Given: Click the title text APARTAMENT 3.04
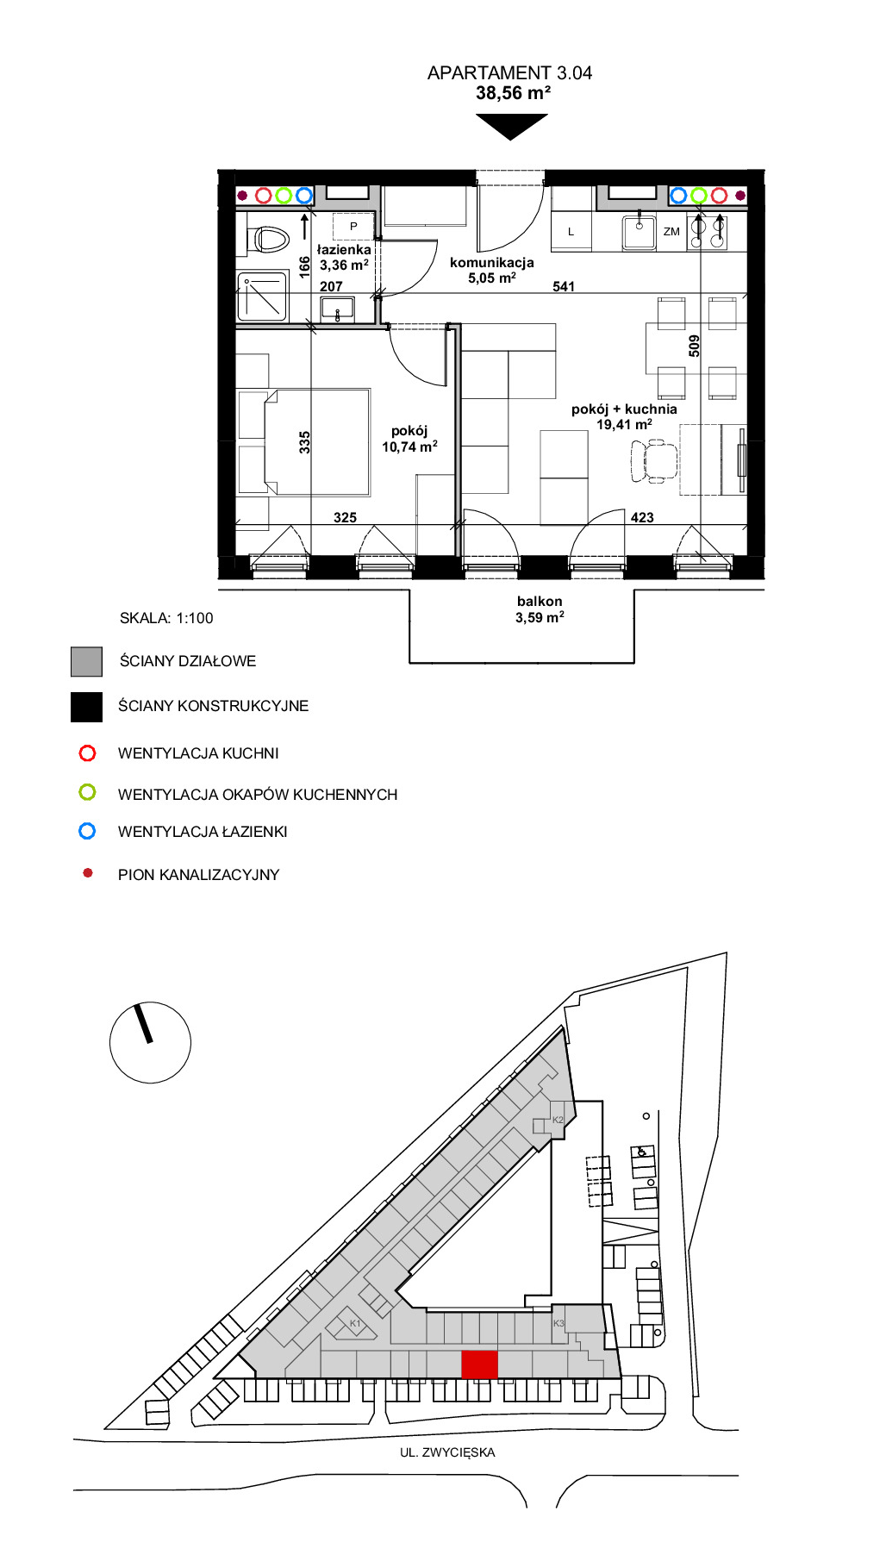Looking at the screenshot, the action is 509,72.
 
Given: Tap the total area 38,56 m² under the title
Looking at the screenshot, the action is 513,93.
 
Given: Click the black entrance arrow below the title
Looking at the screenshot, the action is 511,127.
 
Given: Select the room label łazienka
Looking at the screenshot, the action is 344,250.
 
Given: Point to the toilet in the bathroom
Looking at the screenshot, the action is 267,240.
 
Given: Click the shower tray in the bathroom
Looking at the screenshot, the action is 262,296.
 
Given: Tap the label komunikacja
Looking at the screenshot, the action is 492,263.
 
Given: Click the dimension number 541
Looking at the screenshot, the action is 564,286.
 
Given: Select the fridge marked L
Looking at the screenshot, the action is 571,231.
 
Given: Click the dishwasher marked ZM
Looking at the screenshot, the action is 671,231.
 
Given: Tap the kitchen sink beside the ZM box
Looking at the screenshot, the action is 639,231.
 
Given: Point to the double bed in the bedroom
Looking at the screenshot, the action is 316,442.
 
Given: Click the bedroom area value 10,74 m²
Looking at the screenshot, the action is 409,446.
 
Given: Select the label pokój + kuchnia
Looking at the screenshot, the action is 624,409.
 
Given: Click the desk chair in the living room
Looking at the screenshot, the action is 654,460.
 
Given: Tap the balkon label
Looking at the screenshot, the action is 540,602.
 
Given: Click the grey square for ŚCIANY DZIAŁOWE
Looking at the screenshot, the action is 86,662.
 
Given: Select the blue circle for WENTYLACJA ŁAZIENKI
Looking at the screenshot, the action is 87,831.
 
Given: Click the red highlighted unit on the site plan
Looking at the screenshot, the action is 480,1364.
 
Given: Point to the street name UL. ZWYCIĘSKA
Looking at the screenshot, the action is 447,1452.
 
